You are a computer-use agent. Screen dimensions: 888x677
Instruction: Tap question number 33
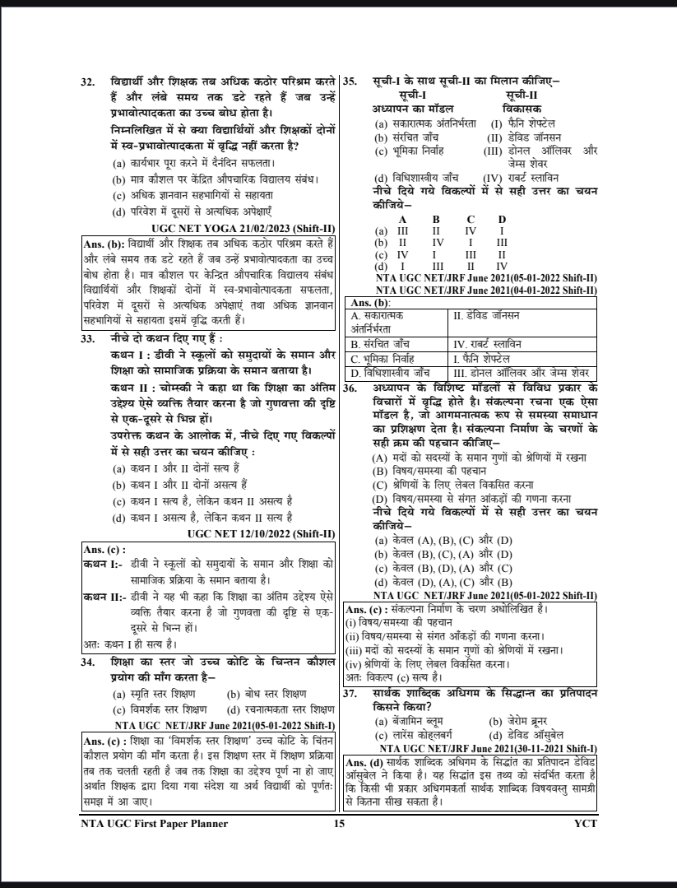click(90, 337)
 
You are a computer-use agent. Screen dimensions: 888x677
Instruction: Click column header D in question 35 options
click(501, 218)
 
